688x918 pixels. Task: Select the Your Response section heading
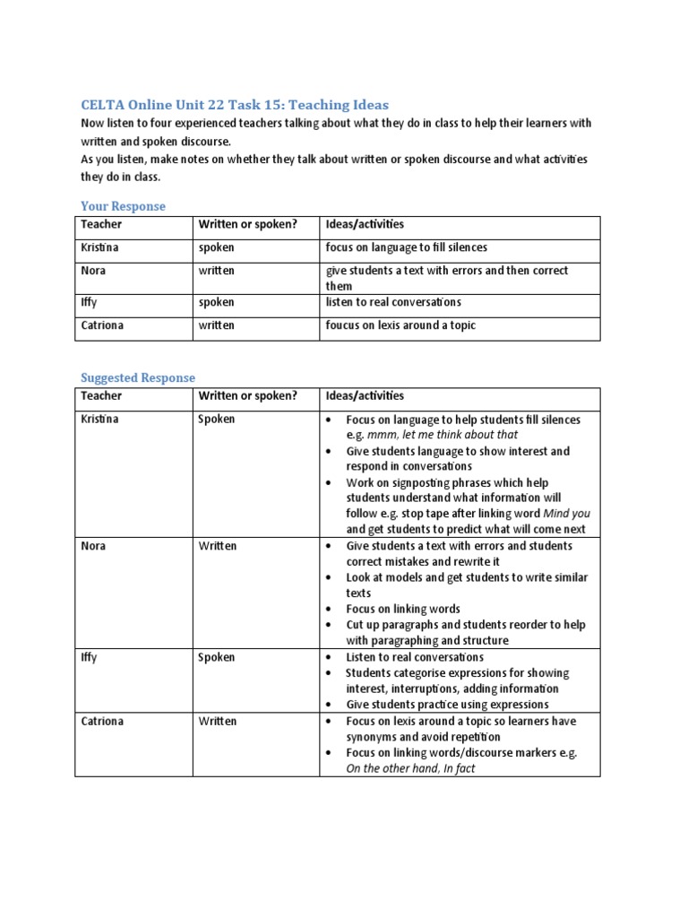click(123, 206)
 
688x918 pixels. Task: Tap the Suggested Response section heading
click(138, 377)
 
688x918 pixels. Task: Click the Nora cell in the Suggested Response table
click(93, 546)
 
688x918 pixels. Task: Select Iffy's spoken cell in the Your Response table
click(216, 303)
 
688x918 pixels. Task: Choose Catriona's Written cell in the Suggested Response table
click(217, 721)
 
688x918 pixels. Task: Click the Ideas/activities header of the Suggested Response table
click(365, 395)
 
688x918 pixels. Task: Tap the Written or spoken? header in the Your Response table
click(246, 223)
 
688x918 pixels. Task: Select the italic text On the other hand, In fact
click(411, 767)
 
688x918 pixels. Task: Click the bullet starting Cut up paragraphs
click(462, 625)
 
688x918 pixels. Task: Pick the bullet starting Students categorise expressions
click(458, 673)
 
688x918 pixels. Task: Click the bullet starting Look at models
click(466, 577)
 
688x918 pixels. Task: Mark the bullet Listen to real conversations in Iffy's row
click(415, 657)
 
